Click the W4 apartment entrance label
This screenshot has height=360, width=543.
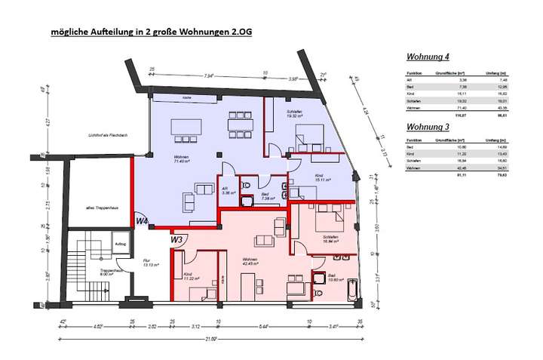[x=142, y=220]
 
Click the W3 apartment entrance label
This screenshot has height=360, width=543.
[x=176, y=239]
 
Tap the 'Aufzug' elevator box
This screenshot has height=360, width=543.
[x=120, y=245]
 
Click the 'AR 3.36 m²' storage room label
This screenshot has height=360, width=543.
[x=226, y=190]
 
